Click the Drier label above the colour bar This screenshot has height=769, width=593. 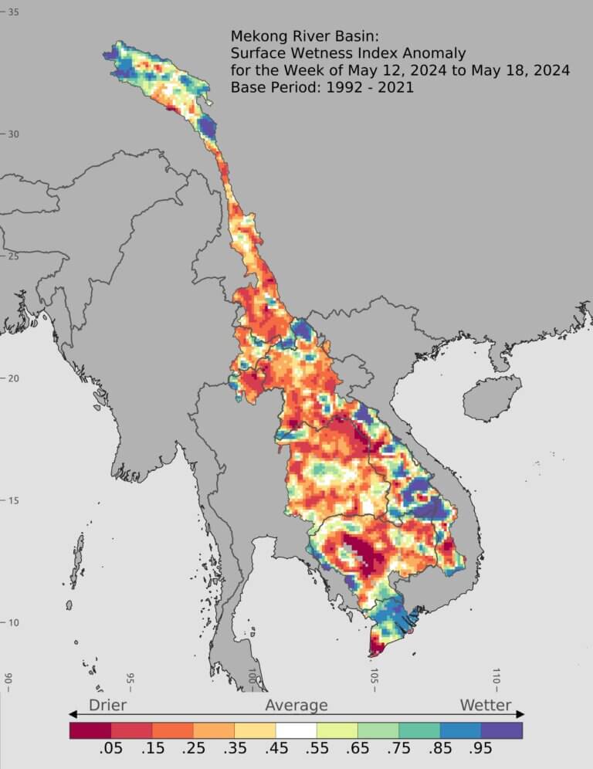point(107,705)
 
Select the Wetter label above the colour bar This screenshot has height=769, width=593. point(486,705)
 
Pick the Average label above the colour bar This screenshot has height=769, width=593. point(296,705)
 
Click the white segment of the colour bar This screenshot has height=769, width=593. point(296,730)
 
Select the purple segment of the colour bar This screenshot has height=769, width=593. point(502,730)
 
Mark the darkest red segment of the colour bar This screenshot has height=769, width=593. point(90,730)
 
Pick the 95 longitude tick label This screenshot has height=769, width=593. point(130,679)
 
